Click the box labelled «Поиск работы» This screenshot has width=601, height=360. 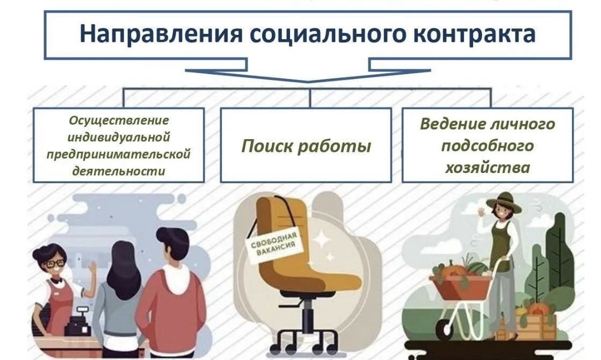coord(306,146)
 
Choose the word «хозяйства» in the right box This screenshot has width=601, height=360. coord(487,167)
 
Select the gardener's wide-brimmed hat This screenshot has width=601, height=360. coord(504,200)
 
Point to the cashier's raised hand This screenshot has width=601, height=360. coord(92,267)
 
